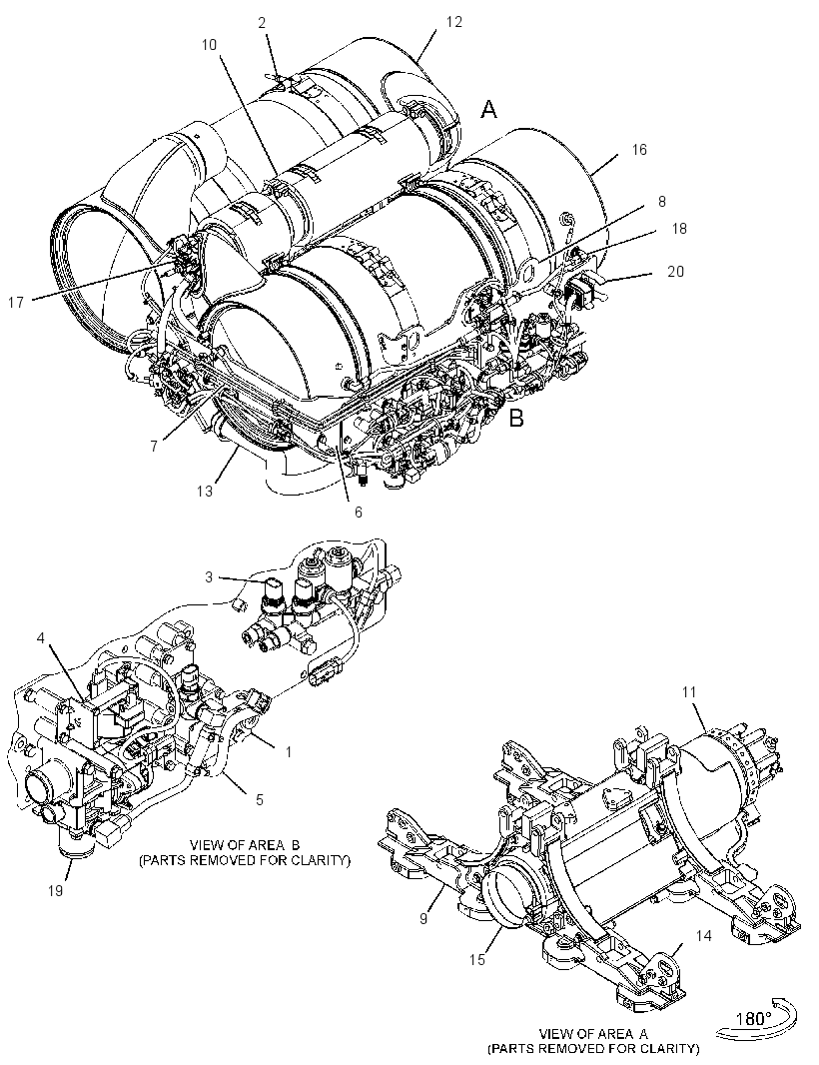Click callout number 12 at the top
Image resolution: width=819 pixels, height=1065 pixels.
(453, 22)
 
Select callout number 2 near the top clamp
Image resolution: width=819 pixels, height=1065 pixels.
(262, 22)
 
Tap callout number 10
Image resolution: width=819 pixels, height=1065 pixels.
(209, 45)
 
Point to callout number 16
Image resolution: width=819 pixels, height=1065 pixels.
(639, 150)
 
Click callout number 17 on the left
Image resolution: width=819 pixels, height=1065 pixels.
(16, 303)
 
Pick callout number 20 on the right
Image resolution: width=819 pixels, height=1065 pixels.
(675, 271)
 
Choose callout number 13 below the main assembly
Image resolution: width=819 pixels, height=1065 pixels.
(205, 491)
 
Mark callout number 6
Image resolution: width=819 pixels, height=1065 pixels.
(358, 513)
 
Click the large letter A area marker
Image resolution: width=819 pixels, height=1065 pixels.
(489, 109)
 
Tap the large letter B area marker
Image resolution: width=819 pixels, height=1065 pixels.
(516, 418)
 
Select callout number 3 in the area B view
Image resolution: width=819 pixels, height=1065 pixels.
(209, 577)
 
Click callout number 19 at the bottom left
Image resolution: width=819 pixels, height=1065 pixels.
(55, 890)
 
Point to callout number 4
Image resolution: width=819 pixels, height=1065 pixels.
(41, 637)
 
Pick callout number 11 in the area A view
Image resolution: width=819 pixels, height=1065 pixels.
(689, 692)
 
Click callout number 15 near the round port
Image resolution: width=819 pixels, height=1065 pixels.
(476, 959)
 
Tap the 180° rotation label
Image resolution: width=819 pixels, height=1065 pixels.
(754, 1019)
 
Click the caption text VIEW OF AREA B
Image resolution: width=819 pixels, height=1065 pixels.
(245, 845)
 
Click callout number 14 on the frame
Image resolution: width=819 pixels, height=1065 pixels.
(703, 935)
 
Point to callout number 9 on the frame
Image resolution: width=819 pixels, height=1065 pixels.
(423, 918)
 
